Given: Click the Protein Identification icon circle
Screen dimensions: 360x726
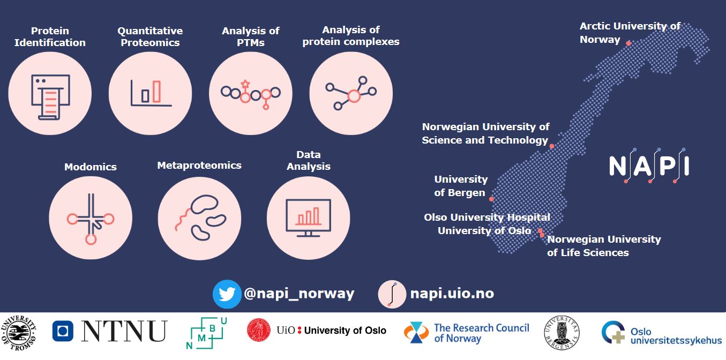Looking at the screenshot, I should (50, 94).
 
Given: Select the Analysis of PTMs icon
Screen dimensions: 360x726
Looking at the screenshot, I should (251, 94).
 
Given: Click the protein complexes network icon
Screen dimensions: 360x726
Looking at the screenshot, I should (351, 94).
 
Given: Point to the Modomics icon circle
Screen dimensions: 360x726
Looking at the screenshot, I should (91, 219).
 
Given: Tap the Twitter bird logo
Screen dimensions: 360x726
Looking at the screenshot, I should (227, 294).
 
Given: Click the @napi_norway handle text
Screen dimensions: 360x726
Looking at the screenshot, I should (298, 294).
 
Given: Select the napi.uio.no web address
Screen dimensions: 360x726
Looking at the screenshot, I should (452, 294).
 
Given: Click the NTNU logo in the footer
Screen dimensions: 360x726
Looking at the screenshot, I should (110, 331).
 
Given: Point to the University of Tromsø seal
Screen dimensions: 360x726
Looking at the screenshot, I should (19, 331).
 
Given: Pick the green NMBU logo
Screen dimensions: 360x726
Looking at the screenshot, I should (206, 332).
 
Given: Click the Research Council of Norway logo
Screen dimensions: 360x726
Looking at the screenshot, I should (466, 332).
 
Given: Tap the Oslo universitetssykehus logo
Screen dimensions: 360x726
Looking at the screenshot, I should (661, 332).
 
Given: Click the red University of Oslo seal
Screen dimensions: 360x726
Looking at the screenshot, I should (259, 331).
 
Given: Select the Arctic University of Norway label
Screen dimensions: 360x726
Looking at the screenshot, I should (630, 33).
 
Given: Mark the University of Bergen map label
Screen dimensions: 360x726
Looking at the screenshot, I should (460, 186).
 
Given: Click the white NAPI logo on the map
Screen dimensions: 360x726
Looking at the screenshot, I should (649, 166).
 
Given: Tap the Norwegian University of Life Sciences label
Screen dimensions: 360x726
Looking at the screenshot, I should (604, 246).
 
